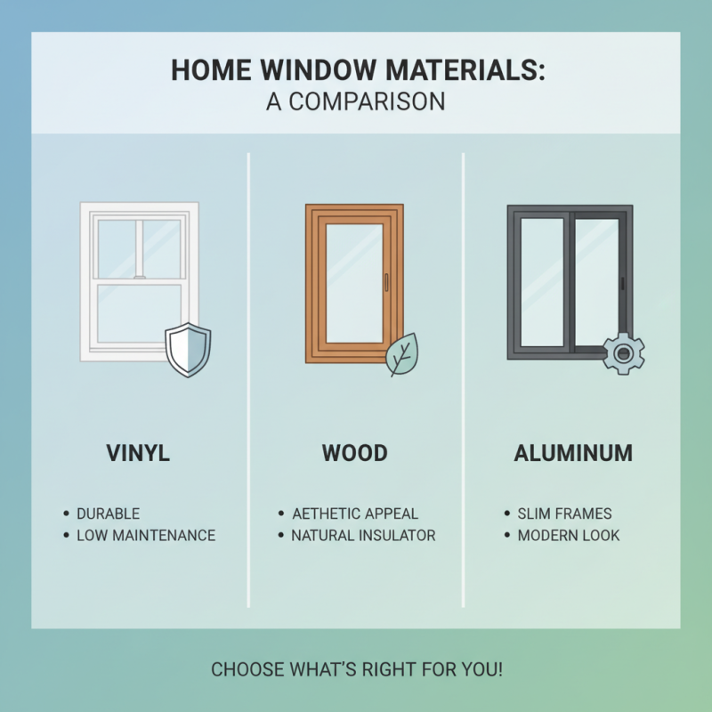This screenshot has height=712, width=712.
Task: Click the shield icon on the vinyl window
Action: [x=188, y=350]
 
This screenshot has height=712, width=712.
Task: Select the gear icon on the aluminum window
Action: [x=623, y=353]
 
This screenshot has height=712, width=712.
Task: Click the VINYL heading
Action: [x=138, y=453]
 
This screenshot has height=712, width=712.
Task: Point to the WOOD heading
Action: [x=355, y=453]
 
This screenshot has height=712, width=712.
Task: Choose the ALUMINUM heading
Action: [x=573, y=453]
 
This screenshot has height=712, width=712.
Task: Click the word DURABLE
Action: [x=108, y=514]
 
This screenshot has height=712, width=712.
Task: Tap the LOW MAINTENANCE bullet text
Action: [x=146, y=536]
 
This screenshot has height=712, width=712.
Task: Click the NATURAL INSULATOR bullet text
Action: [x=363, y=536]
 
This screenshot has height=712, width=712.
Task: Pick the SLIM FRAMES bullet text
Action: [x=564, y=514]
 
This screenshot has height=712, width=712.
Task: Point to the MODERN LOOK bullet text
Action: [x=569, y=536]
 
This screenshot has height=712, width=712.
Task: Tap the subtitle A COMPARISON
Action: [x=355, y=101]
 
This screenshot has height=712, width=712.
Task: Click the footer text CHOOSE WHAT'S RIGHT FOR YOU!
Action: [x=356, y=668]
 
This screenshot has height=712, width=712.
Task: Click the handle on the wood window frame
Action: [x=386, y=281]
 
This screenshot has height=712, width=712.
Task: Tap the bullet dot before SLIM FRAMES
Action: [x=506, y=514]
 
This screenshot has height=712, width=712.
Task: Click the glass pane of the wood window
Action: [x=354, y=283]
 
